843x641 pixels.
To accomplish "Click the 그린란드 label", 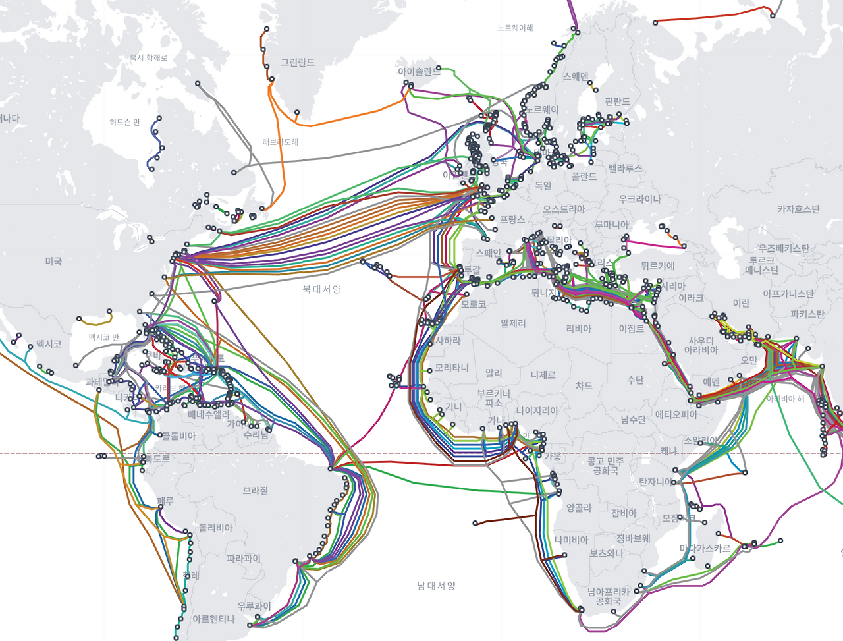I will click(298, 63).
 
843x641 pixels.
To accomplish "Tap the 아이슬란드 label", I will click(419, 71).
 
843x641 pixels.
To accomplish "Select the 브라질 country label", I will click(256, 491).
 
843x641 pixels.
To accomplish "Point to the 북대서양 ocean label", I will click(321, 289).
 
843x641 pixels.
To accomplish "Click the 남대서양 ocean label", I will click(436, 585).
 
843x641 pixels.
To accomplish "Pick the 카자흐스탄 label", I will click(798, 209).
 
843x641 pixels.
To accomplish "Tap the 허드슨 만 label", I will click(125, 123).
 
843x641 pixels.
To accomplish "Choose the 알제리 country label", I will click(513, 323).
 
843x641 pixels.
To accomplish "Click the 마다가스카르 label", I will click(705, 548).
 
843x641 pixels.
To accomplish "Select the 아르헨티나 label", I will click(213, 619).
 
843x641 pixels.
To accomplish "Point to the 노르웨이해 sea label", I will click(515, 28).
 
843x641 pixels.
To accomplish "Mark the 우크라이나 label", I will click(639, 199).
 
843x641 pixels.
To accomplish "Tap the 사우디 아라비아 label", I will click(701, 345).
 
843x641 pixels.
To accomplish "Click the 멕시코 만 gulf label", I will click(104, 337).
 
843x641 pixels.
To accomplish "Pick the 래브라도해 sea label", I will click(281, 142).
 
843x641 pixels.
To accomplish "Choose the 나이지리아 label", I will click(537, 410).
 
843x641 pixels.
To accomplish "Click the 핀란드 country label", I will click(617, 101).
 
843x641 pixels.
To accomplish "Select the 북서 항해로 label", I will click(148, 58).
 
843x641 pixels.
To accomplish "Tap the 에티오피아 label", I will click(676, 414).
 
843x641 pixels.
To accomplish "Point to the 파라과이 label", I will click(244, 558).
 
